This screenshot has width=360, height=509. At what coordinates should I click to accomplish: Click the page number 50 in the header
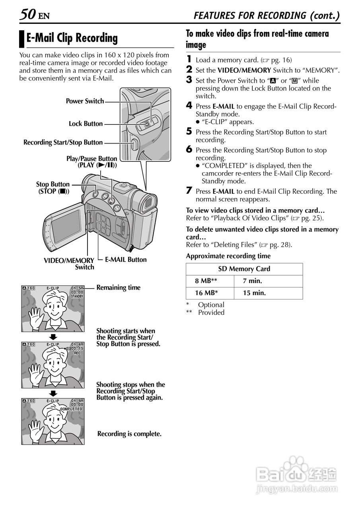pyautogui.click(x=27, y=15)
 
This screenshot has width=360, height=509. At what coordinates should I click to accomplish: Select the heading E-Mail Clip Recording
pyautogui.click(x=72, y=38)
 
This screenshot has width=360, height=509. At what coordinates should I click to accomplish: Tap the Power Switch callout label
pyautogui.click(x=85, y=101)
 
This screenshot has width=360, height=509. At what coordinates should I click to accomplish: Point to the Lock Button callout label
pyautogui.click(x=86, y=124)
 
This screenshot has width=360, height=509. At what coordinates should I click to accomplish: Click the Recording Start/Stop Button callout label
pyautogui.click(x=63, y=142)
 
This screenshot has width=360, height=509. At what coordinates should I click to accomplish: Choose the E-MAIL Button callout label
pyautogui.click(x=126, y=260)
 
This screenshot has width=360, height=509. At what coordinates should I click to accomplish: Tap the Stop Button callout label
pyautogui.click(x=53, y=188)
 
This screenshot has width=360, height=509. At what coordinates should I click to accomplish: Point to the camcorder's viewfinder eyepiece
pyautogui.click(x=148, y=204)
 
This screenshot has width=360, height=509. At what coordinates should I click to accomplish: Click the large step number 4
pyautogui.click(x=189, y=106)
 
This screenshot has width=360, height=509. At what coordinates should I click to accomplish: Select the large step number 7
pyautogui.click(x=189, y=191)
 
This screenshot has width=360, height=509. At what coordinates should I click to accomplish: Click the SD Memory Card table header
pyautogui.click(x=244, y=269)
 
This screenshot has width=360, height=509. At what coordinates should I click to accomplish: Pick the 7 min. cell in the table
pyautogui.click(x=253, y=281)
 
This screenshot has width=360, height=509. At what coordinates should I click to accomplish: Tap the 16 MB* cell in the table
pyautogui.click(x=205, y=293)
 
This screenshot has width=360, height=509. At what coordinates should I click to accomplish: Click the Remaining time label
pyautogui.click(x=119, y=288)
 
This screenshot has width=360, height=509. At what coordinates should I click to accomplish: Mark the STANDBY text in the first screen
pyautogui.click(x=77, y=296)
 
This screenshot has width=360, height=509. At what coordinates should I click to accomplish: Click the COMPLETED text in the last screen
pyautogui.click(x=72, y=409)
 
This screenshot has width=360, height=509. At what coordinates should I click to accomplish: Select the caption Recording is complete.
pyautogui.click(x=129, y=433)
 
